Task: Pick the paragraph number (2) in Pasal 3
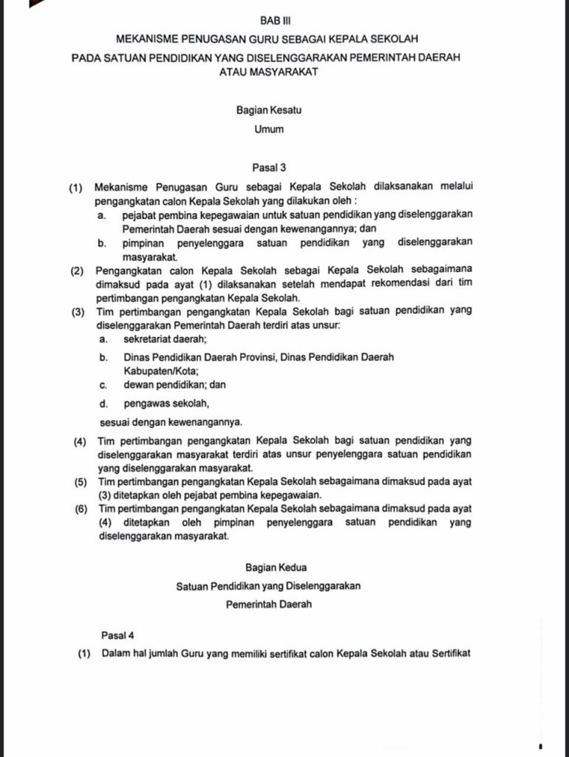click(x=78, y=271)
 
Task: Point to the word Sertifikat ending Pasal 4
click(x=446, y=654)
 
